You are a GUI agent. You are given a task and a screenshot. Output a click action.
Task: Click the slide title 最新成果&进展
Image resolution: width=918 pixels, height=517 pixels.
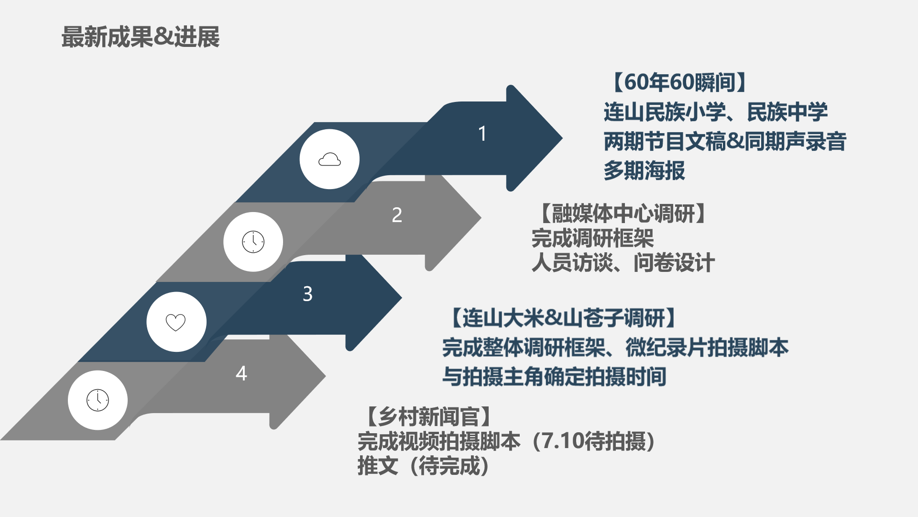141,37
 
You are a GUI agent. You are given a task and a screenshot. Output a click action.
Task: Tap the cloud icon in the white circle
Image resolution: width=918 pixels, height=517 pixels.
329,159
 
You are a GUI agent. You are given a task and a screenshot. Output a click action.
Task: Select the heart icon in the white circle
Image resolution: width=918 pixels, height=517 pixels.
175,322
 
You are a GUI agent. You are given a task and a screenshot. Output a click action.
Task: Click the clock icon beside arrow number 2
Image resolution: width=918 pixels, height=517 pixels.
253,242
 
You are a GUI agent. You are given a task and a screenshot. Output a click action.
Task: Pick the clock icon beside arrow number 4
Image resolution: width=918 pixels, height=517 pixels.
98,400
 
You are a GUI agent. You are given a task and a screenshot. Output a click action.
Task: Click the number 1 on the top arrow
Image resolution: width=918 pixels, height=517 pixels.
482,134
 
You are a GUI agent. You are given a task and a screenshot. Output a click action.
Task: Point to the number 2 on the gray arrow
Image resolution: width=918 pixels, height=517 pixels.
397,215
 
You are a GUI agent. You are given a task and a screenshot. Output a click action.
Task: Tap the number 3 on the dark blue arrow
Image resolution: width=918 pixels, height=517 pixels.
307,293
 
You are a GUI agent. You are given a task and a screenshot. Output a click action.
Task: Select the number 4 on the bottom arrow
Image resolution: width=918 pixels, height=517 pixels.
241,373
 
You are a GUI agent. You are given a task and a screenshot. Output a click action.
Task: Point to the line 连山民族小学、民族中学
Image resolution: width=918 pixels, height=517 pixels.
715,112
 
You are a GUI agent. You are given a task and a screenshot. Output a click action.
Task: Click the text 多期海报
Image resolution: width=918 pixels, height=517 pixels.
644,171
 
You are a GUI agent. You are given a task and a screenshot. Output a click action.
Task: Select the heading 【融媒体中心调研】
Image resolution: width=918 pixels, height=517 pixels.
623,214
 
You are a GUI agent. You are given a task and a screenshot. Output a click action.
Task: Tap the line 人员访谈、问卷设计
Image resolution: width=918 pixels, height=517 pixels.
623,263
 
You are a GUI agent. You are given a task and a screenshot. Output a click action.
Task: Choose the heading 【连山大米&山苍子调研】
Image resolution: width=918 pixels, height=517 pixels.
564,318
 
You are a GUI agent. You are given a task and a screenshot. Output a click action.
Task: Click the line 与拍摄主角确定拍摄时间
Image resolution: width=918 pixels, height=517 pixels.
554,377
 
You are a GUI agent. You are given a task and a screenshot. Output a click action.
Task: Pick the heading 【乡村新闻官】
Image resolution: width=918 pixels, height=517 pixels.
428,416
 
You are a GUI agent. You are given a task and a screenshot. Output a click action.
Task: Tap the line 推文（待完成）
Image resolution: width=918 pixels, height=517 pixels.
424,466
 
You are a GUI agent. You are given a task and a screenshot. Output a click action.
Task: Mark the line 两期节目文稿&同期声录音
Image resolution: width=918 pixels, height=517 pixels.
725,142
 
